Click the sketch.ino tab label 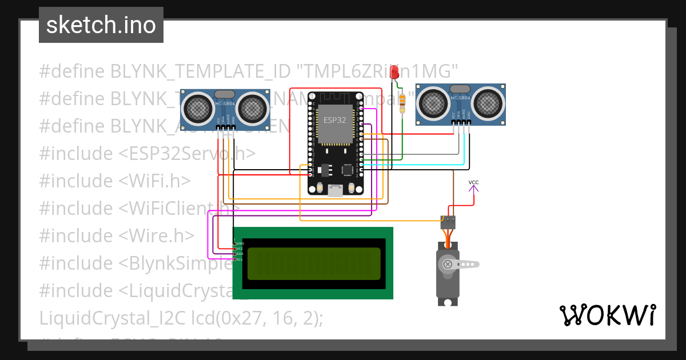(101, 25)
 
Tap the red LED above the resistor (394, 73)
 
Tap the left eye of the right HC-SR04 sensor (433, 103)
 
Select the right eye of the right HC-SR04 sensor (488, 103)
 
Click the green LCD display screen (314, 263)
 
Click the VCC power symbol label (474, 183)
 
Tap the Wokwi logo (607, 315)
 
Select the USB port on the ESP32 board (335, 191)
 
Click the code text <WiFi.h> (155, 181)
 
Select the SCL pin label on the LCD (240, 259)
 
